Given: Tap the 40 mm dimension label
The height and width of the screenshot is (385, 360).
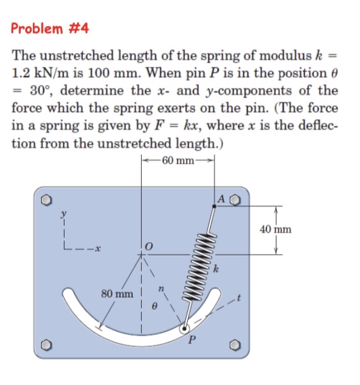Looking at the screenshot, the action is [276, 229].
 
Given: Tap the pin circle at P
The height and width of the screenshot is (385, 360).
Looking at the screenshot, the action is [185, 328].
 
